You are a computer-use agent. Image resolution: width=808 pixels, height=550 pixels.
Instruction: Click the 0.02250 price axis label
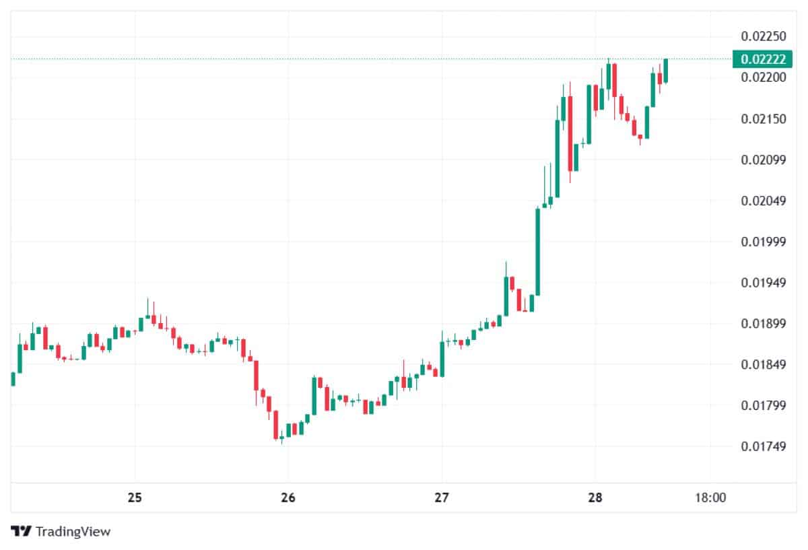click(x=763, y=36)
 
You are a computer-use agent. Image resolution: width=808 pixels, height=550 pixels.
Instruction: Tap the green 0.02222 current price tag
click(x=763, y=59)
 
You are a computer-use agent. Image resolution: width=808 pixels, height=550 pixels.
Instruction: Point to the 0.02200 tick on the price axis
click(x=763, y=78)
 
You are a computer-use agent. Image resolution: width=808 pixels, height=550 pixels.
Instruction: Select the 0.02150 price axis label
click(x=763, y=119)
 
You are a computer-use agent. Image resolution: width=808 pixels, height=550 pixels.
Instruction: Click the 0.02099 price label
click(x=763, y=160)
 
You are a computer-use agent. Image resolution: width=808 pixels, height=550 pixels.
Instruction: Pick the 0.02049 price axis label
click(x=763, y=201)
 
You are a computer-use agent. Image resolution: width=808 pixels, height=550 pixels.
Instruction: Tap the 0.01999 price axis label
click(x=763, y=242)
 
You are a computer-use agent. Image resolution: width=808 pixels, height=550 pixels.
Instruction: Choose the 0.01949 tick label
click(x=763, y=283)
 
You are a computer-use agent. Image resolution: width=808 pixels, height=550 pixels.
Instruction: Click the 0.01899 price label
click(x=763, y=324)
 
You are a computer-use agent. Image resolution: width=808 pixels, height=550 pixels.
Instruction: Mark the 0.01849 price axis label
click(x=763, y=365)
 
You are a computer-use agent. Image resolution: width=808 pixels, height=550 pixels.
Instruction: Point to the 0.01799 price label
click(x=763, y=405)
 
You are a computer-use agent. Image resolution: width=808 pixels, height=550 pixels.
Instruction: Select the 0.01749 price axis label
click(x=763, y=446)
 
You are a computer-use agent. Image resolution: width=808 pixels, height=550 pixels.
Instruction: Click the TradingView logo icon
click(x=22, y=531)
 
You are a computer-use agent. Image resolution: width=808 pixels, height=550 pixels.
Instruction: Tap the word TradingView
click(x=73, y=532)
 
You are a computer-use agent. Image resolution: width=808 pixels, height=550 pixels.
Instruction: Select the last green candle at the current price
click(x=665, y=71)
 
